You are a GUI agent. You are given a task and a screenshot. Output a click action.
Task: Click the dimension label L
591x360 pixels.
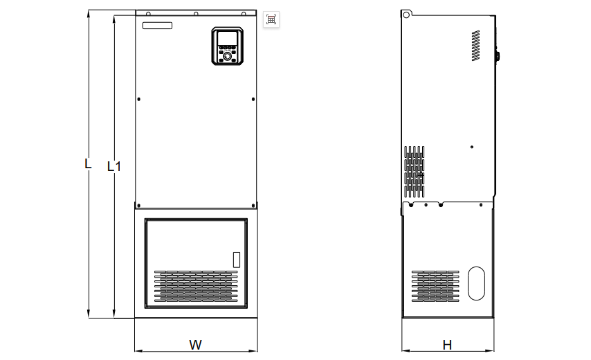coord(87,165)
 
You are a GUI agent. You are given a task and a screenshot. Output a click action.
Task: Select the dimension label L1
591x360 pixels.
coord(114,166)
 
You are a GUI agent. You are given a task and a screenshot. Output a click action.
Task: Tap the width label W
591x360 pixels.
coord(195,344)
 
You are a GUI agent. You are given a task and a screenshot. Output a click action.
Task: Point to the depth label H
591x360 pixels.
coord(447,344)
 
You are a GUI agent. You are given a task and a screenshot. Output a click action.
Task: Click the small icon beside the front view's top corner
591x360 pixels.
coord(271,19)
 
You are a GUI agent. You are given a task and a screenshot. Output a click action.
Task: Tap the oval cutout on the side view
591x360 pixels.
coord(477,283)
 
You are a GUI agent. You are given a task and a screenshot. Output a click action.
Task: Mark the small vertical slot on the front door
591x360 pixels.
coord(235,260)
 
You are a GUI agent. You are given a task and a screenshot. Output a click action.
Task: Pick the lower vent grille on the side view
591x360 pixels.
coord(435,286)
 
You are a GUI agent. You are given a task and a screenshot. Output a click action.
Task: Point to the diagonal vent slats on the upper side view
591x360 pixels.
coord(476,46)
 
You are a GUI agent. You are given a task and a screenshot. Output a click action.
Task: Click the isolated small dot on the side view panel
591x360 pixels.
coord(471,147)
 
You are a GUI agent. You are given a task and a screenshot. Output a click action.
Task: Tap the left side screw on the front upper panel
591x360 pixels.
coord(139,99)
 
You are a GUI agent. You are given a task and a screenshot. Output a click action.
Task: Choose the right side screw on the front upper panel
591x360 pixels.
coord(252,99)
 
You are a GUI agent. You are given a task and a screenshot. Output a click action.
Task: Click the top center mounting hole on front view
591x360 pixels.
coord(196,14)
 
